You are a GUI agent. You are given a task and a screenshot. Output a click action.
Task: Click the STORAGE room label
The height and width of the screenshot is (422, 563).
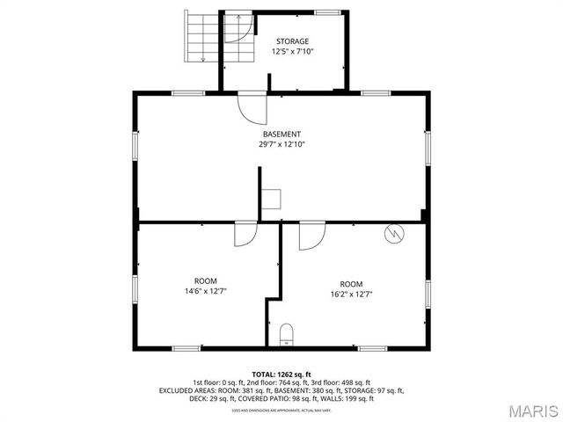point(293,41)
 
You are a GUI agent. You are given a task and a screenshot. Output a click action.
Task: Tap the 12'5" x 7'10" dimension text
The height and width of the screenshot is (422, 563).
point(293,52)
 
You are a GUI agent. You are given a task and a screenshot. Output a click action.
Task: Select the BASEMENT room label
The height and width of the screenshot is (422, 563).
point(281,135)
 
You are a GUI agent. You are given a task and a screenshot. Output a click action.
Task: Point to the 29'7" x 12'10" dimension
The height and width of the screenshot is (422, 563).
point(281,145)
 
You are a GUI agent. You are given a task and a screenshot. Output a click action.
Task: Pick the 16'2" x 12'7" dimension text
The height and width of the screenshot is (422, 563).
point(351,295)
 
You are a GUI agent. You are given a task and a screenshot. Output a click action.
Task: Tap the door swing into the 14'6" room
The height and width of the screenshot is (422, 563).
point(245,235)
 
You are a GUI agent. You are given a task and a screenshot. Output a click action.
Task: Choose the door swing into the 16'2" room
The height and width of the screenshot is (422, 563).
point(311,236)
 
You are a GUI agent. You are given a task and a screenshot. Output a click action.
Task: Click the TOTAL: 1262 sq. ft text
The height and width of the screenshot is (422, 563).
point(281,374)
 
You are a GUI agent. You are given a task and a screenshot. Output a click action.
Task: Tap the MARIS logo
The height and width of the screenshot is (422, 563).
point(533,410)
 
